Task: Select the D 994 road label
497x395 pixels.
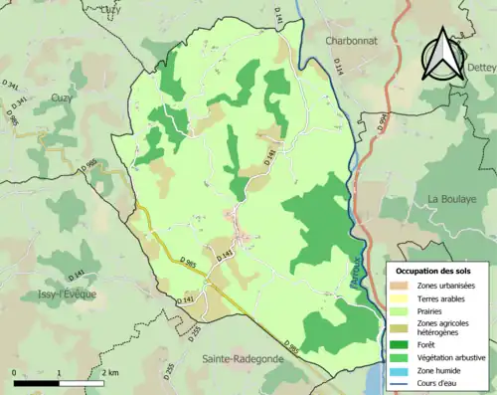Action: [382, 121]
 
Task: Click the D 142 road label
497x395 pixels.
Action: [269, 156]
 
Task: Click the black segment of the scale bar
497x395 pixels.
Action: [37, 381]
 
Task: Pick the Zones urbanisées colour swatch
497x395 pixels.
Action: [399, 286]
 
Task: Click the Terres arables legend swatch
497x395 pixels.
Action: [399, 298]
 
